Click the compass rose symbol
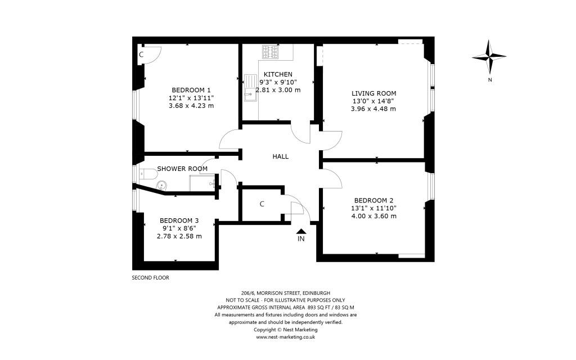click(x=490, y=57)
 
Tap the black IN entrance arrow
click(x=301, y=231)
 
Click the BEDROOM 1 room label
click(x=191, y=90)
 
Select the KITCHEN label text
click(x=278, y=74)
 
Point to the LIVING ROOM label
click(x=374, y=93)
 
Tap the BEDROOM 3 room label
click(x=179, y=220)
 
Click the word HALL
click(x=280, y=156)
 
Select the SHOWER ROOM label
click(x=182, y=169)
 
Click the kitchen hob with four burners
click(x=271, y=52)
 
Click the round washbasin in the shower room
click(x=161, y=183)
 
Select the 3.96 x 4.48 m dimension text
click(x=373, y=109)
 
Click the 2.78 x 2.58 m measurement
click(x=179, y=236)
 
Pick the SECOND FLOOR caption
click(x=150, y=278)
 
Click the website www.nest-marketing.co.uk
click(x=285, y=337)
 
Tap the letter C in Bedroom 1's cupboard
click(x=141, y=55)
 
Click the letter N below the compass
click(x=490, y=80)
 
